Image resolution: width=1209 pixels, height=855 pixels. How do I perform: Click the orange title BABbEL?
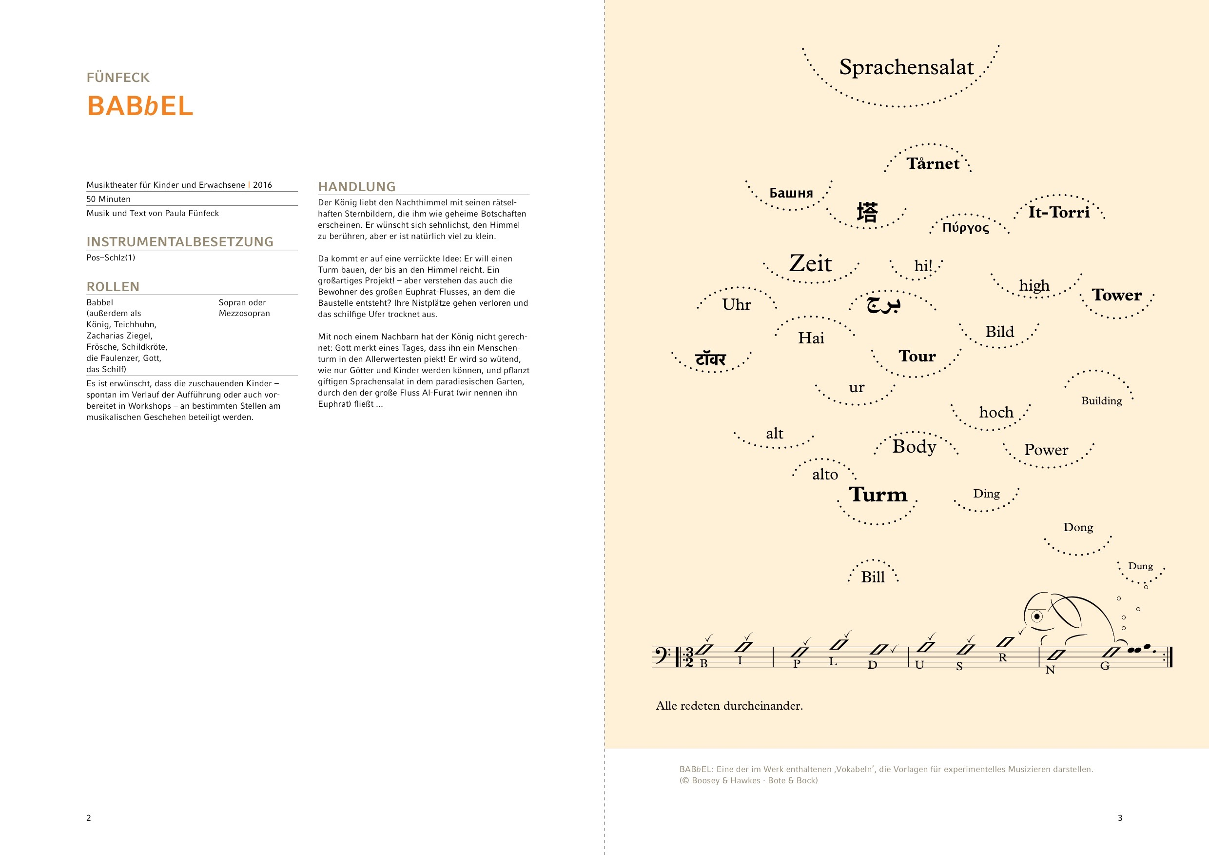(140, 106)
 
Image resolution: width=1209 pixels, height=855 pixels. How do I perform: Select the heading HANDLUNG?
(356, 186)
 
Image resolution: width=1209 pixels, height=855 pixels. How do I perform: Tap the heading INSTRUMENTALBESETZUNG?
(179, 242)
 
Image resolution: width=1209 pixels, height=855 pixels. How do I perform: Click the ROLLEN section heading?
(113, 287)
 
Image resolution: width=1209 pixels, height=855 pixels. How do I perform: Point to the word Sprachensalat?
(906, 67)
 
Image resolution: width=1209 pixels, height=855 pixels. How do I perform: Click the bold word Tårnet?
(933, 163)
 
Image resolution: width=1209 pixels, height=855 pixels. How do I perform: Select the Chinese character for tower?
(867, 212)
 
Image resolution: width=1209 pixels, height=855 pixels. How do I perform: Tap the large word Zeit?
(810, 263)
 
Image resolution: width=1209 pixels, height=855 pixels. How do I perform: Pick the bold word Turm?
(878, 495)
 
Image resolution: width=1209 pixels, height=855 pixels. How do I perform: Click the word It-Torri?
(1059, 212)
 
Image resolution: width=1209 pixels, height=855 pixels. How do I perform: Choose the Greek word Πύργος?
(966, 228)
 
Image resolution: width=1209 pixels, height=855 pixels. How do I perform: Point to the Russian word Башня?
(791, 193)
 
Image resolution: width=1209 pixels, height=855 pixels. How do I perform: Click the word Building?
(1102, 401)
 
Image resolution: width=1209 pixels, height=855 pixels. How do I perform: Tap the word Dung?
(1141, 566)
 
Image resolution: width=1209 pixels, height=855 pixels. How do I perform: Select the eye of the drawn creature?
(1037, 616)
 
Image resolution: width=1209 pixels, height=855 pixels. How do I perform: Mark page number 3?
(1120, 818)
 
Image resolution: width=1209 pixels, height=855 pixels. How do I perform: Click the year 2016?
(262, 185)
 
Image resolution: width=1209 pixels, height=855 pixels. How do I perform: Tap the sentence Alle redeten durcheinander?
(729, 706)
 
